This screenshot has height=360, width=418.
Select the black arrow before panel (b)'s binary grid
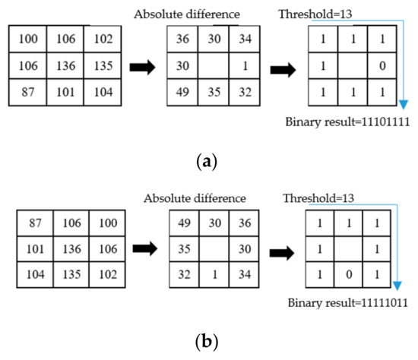tap(274, 249)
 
